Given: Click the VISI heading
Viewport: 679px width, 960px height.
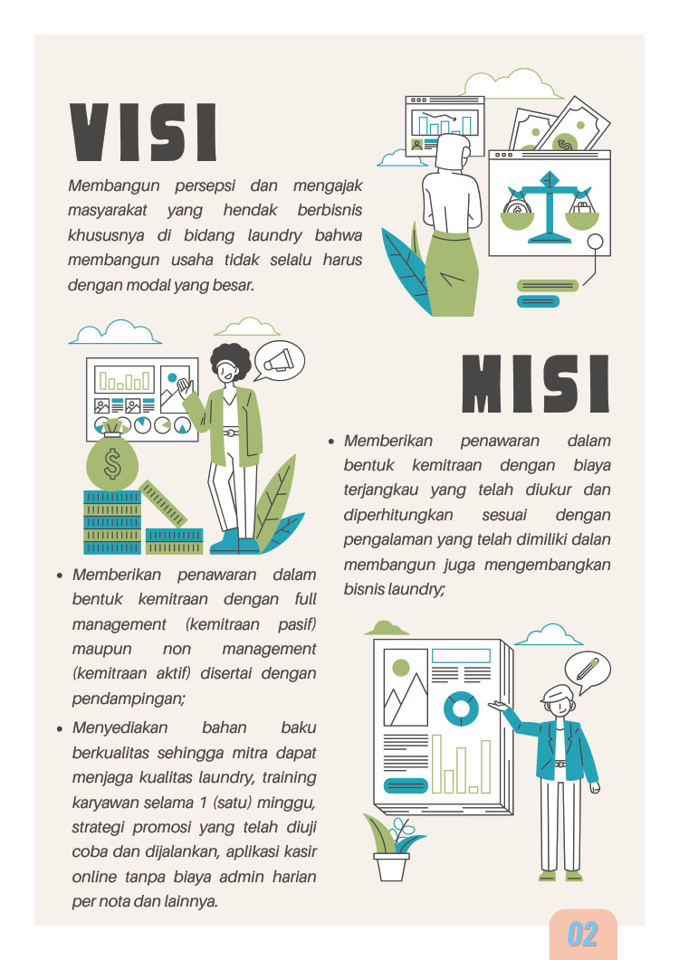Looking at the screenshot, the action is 143,132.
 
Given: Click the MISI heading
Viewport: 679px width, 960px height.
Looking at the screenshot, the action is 536,384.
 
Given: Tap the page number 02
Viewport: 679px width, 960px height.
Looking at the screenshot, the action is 582,935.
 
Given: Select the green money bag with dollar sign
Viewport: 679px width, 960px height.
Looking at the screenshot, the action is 112,457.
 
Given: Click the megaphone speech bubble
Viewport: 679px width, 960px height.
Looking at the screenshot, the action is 279,361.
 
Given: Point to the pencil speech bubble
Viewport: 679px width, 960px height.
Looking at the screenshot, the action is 587,671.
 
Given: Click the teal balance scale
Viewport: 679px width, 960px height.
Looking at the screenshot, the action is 549,206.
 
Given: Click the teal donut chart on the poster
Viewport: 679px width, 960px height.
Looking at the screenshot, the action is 461,709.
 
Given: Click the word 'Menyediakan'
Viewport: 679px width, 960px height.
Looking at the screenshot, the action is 120,727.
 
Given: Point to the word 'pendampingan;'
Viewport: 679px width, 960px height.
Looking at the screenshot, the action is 129,699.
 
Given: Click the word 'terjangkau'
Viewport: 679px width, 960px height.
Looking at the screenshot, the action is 380,490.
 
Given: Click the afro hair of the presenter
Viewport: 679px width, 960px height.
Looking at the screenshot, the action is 231,361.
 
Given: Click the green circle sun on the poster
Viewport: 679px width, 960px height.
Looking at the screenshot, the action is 401,668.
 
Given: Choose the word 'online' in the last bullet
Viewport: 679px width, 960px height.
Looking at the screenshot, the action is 94,877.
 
